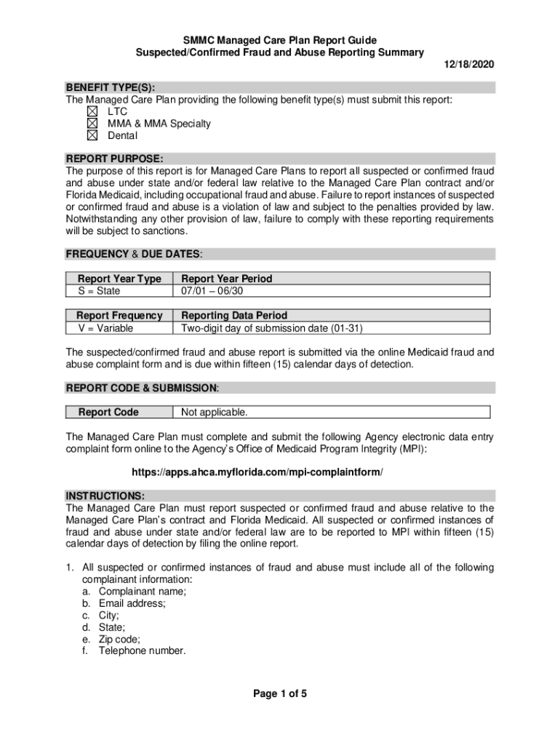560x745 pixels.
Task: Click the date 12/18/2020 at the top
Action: (x=469, y=65)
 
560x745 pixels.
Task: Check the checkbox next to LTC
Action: (x=91, y=111)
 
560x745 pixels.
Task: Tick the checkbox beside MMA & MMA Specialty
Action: (x=91, y=124)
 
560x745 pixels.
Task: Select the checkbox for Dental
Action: (x=91, y=136)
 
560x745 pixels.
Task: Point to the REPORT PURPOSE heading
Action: (x=114, y=159)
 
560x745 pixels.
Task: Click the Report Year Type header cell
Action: (x=119, y=279)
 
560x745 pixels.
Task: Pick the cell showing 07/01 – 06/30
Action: (x=212, y=291)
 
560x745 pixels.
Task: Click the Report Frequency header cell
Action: (x=119, y=316)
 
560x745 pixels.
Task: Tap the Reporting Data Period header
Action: (x=233, y=316)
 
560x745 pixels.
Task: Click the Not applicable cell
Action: (x=214, y=413)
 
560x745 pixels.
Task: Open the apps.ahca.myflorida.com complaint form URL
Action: (x=279, y=472)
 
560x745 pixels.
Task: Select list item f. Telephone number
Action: (x=142, y=652)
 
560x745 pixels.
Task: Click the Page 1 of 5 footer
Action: (x=280, y=693)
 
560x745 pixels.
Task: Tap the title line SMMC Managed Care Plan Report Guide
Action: (x=280, y=40)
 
